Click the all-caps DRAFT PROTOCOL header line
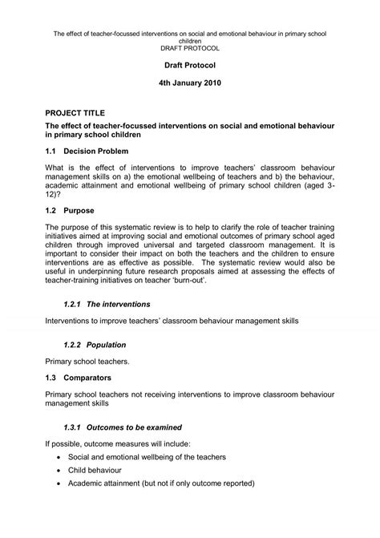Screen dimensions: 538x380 [x=189, y=48]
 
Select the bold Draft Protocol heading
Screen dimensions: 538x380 [x=189, y=63]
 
